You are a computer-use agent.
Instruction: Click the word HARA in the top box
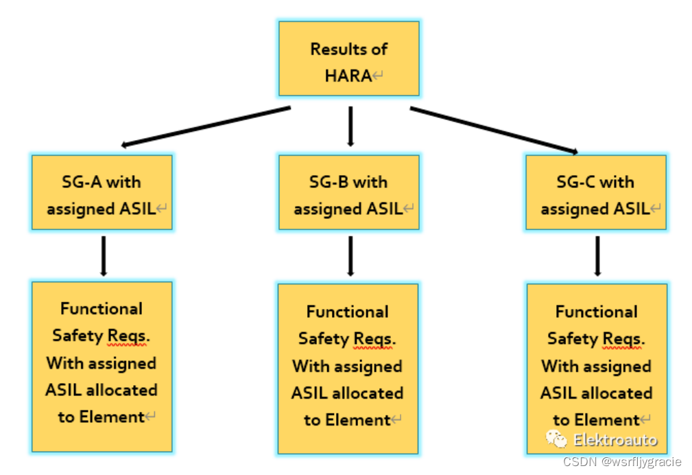pos(348,76)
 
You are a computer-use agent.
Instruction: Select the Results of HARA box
pos(348,59)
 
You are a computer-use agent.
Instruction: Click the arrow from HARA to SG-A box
pos(206,126)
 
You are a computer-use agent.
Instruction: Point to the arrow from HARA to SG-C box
pos(494,130)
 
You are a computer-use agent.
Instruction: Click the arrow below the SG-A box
pos(103,255)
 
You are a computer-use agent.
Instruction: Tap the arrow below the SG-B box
pos(350,255)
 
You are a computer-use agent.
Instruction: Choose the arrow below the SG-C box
pos(597,255)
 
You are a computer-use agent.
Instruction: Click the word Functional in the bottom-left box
pos(102,309)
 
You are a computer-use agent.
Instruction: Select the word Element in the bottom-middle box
pos(357,420)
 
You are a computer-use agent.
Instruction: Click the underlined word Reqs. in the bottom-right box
pos(623,338)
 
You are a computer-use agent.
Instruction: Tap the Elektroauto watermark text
pos(615,440)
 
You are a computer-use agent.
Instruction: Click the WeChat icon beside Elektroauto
pos(556,439)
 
